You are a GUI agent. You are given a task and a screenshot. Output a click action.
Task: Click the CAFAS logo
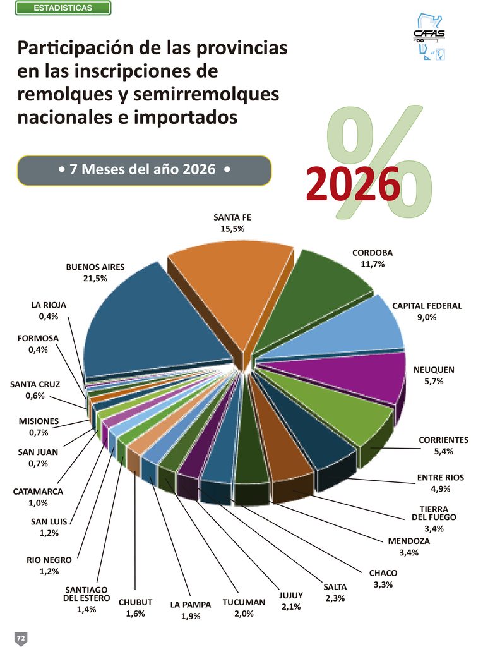pos(429,36)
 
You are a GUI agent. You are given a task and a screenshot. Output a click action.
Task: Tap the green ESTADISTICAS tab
pos(63,8)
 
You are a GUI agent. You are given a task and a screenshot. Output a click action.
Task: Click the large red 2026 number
pos(353,184)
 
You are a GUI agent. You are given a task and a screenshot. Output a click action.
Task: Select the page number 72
pos(21,638)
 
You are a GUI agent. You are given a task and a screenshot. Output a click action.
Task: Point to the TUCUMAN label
pos(244,602)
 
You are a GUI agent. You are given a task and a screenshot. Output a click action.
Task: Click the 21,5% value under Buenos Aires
pos(95,279)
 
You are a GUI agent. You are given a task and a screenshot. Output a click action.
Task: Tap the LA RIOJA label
pos(49,305)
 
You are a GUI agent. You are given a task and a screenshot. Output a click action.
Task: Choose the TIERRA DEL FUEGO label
pos(434,513)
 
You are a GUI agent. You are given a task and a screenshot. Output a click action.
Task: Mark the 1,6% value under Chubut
pos(135,614)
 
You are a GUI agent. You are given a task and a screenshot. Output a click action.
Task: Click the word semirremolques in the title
pos(206,94)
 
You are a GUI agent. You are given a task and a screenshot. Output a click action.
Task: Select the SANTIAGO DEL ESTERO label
pos(86,594)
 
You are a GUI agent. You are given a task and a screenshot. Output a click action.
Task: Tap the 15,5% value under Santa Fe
pos(232,229)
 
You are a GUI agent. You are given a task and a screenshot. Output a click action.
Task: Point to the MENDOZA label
pos(408,541)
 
